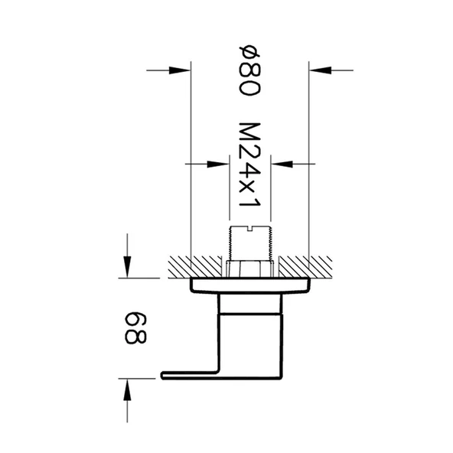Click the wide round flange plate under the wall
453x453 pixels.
(250, 286)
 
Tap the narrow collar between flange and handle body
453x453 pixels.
(250, 305)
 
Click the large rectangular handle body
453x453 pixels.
(250, 341)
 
